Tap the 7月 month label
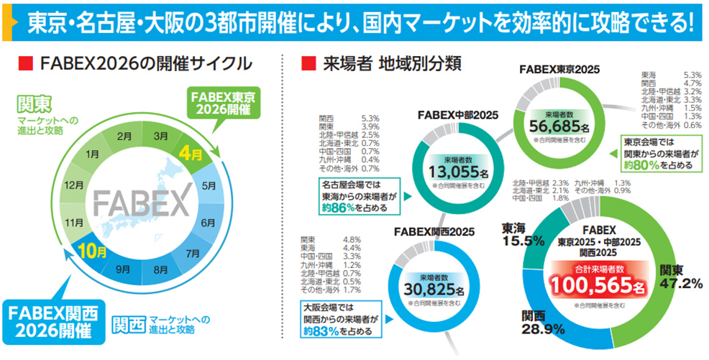pyautogui.click(x=193, y=253)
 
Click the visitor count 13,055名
pyautogui.click(x=459, y=173)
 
